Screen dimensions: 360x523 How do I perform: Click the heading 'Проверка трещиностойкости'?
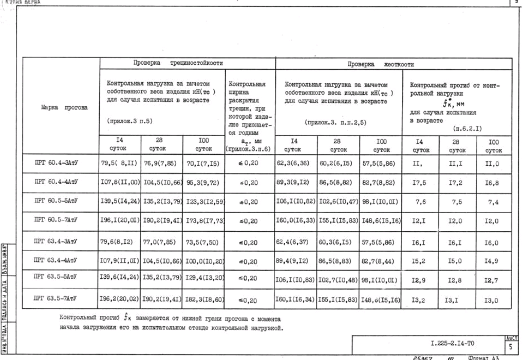click(173, 63)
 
